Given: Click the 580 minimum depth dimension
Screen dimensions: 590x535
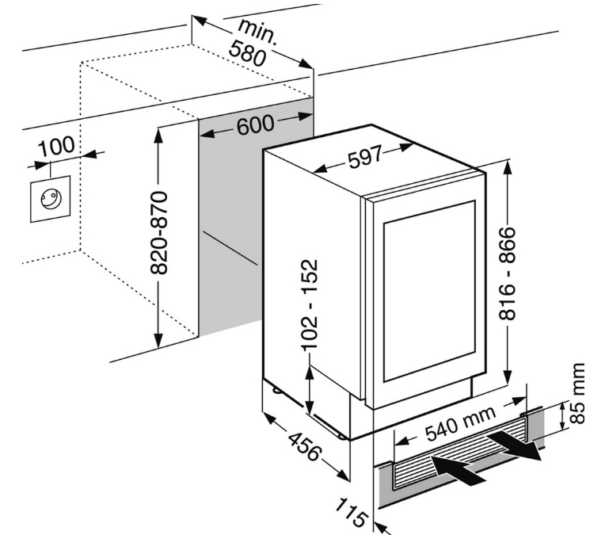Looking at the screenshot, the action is pos(248,53).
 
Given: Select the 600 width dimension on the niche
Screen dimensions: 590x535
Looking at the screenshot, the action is pos(256,125).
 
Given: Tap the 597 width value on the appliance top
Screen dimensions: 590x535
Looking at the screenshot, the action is pos(365,156).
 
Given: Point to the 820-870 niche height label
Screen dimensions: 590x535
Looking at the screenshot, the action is pos(158,233).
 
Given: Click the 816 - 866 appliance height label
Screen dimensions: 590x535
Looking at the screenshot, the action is pos(507,273).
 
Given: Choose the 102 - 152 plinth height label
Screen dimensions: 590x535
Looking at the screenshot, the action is pos(310,305).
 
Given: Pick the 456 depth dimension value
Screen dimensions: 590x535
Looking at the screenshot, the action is pos(305,447).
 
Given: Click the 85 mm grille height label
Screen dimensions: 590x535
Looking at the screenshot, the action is pos(577,393).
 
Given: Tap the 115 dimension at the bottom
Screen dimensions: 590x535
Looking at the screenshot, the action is pos(351,513).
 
